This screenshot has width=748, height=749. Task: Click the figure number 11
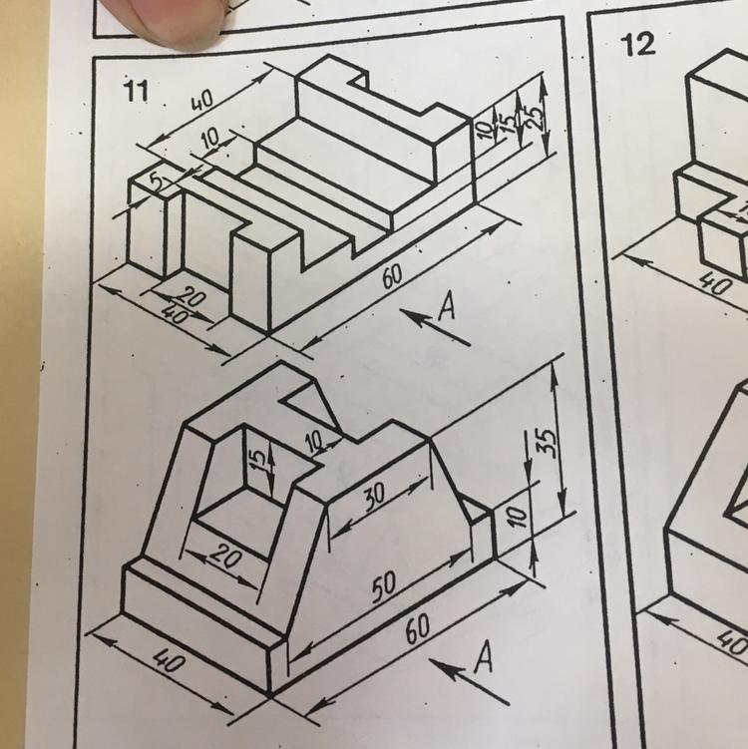click(x=136, y=90)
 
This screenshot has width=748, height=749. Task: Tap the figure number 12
click(x=637, y=45)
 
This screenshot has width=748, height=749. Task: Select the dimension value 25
click(x=536, y=117)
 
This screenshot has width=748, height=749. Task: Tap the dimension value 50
click(x=385, y=586)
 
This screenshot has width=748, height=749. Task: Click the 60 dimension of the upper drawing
click(x=393, y=276)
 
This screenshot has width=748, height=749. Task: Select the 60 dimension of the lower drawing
click(x=418, y=630)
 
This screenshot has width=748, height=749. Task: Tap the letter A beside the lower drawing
click(x=484, y=657)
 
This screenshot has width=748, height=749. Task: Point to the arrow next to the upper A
click(x=434, y=326)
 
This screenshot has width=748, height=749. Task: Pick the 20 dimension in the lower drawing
click(x=225, y=557)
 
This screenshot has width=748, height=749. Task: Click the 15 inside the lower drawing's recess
click(x=258, y=460)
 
